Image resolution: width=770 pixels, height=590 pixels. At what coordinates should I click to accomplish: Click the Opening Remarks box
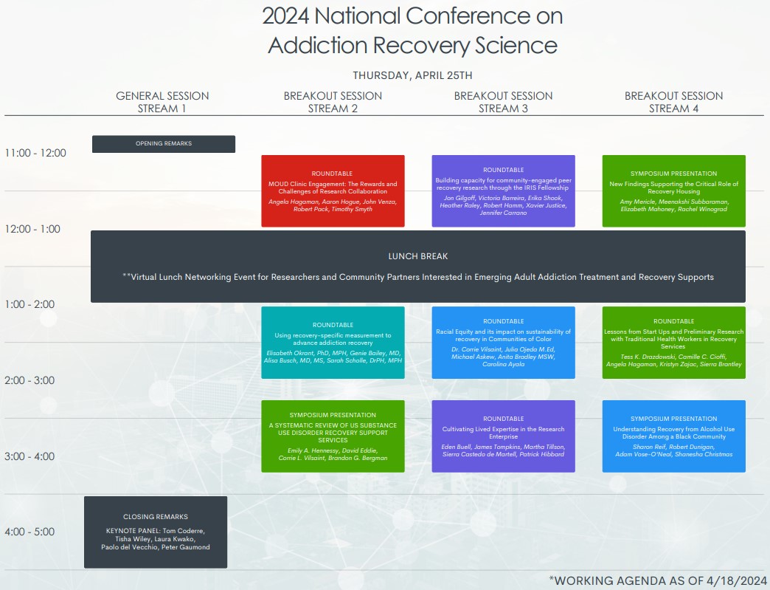pyautogui.click(x=164, y=144)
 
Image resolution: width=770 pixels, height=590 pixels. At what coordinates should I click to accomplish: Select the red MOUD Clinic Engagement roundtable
pyautogui.click(x=333, y=191)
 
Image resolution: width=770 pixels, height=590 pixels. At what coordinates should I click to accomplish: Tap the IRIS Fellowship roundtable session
pyautogui.click(x=503, y=191)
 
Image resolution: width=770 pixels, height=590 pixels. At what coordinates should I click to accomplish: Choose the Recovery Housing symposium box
pyautogui.click(x=674, y=191)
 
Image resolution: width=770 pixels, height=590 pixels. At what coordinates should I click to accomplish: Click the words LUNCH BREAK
pyautogui.click(x=418, y=256)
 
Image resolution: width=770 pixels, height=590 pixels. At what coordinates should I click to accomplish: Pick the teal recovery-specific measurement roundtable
pyautogui.click(x=333, y=343)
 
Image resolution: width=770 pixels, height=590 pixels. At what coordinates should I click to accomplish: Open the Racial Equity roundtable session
pyautogui.click(x=503, y=343)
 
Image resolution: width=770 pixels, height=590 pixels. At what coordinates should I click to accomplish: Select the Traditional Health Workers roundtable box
pyautogui.click(x=674, y=343)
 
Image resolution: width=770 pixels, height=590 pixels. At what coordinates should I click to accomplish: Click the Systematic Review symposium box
pyautogui.click(x=333, y=436)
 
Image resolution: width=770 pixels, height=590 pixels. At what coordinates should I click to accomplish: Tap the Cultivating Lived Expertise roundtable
pyautogui.click(x=503, y=436)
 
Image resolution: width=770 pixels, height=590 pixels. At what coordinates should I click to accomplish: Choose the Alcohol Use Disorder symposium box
pyautogui.click(x=674, y=436)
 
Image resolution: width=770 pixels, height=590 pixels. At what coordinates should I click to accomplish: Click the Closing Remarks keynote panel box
pyautogui.click(x=156, y=532)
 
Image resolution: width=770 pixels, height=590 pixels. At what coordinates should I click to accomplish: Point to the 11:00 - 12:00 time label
pyautogui.click(x=35, y=153)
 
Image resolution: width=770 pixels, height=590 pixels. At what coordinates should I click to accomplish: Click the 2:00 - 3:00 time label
pyautogui.click(x=30, y=380)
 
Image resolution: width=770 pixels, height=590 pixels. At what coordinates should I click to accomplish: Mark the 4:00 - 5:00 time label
pyautogui.click(x=30, y=532)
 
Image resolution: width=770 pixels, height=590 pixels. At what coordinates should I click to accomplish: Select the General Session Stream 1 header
pyautogui.click(x=162, y=102)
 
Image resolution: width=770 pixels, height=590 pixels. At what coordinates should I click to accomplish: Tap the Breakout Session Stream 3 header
pyautogui.click(x=503, y=102)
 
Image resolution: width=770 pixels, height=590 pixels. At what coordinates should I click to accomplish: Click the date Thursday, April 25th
pyautogui.click(x=412, y=75)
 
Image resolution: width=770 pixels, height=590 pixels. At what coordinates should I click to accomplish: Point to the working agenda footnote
pyautogui.click(x=658, y=580)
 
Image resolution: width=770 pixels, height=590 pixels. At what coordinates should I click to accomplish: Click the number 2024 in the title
pyautogui.click(x=286, y=16)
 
